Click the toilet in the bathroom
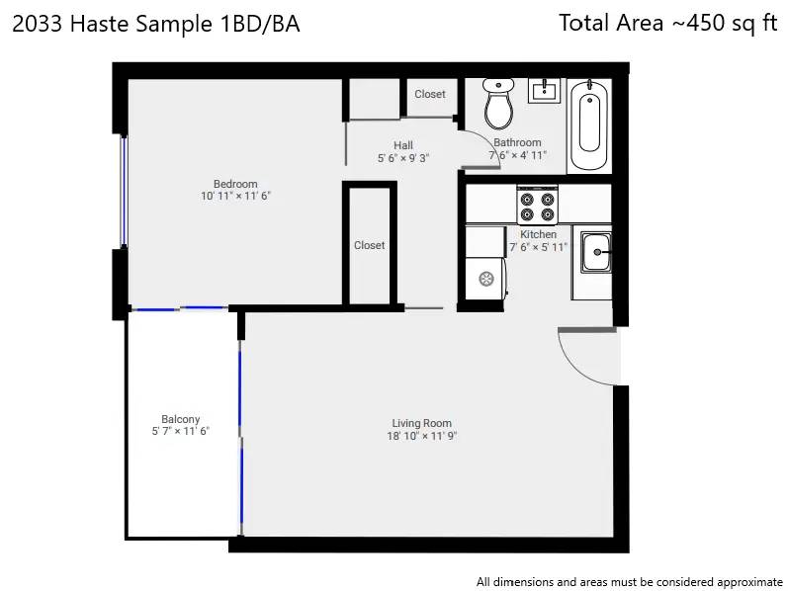[x=498, y=104]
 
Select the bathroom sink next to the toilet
[x=544, y=91]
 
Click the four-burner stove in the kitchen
[x=537, y=205]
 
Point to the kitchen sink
[x=596, y=252]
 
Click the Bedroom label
[x=235, y=184]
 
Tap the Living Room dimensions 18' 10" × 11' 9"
[x=421, y=436]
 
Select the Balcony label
[x=180, y=419]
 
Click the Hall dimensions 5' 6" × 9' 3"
[x=403, y=158]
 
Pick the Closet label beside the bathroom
[x=430, y=94]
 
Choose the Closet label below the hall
[x=370, y=245]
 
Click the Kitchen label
[x=538, y=234]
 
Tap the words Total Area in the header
[x=611, y=23]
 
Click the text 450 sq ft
[x=732, y=23]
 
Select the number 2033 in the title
[x=38, y=24]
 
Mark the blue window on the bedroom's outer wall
[x=123, y=192]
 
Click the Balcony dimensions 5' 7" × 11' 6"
[x=180, y=431]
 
